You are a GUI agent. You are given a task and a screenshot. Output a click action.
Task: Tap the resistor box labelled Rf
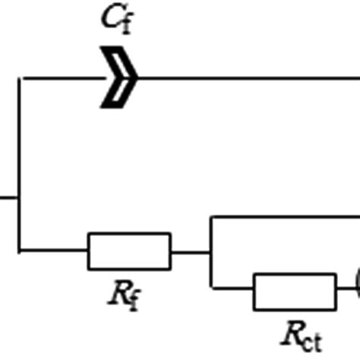(129, 251)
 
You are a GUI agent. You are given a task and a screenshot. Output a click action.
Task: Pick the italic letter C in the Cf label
(111, 19)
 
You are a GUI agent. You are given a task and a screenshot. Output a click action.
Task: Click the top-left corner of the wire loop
(21, 77)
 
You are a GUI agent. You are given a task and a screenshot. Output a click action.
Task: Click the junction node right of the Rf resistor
(210, 251)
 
